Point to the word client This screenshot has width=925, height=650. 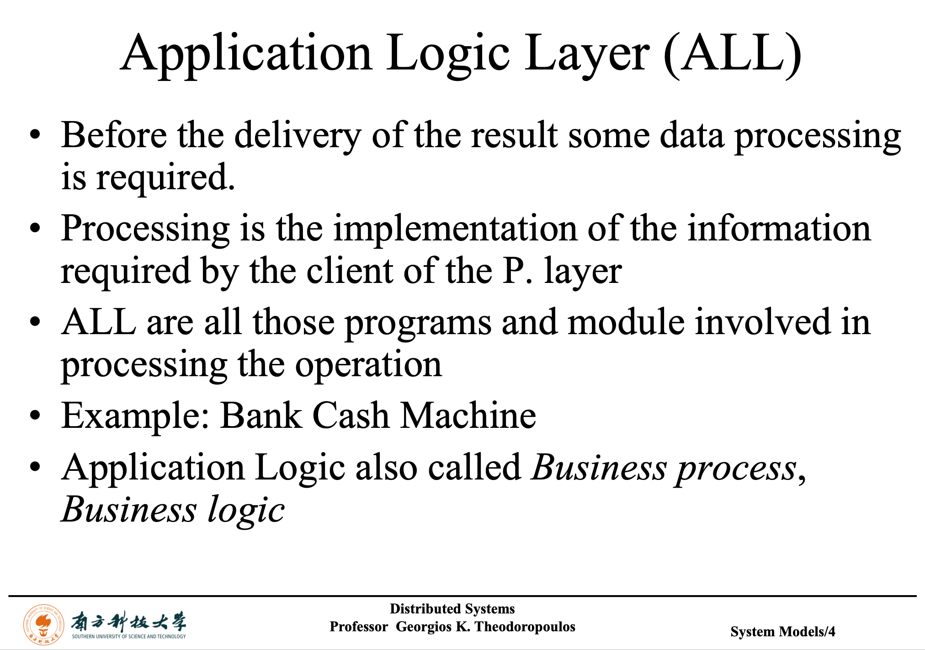coord(349,271)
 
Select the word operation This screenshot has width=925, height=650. coord(368,366)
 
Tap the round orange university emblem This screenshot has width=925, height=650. coord(43,624)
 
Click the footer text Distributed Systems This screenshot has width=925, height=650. coord(452,609)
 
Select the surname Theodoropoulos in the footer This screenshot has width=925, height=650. coord(525,627)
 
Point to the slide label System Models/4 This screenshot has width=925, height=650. coord(782,632)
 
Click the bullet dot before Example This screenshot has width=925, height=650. coord(35,416)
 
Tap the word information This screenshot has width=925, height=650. coord(779,228)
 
